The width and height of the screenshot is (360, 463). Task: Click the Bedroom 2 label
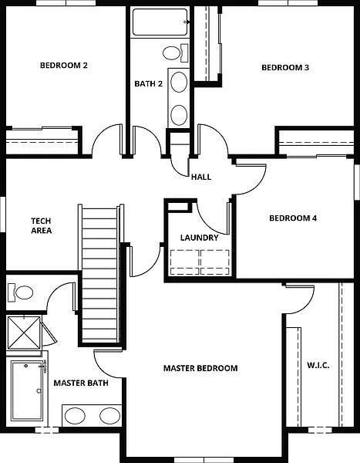(64, 66)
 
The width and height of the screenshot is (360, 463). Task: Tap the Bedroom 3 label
(285, 68)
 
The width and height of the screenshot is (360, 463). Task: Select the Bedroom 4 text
(293, 218)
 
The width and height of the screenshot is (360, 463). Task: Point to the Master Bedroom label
(200, 368)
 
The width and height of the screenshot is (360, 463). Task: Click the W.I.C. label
(318, 365)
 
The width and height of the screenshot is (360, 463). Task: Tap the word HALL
(201, 177)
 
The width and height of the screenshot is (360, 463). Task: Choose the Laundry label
(199, 238)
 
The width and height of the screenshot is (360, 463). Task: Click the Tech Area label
(41, 225)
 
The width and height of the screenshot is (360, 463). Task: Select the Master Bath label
(81, 383)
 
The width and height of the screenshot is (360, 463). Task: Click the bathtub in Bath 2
(160, 22)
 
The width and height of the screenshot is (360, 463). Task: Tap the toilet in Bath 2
(176, 53)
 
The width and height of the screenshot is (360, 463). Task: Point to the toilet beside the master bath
(20, 292)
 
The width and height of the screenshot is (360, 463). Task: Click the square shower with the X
(24, 332)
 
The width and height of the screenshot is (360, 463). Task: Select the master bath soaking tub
(28, 390)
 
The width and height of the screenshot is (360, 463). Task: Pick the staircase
(101, 274)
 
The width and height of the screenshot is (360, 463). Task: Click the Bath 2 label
(149, 84)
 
